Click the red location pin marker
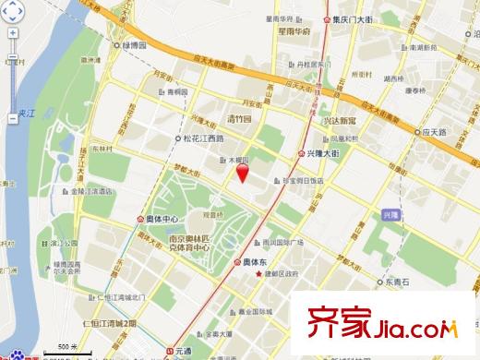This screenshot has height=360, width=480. [243, 174]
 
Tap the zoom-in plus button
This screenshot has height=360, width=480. [12, 32]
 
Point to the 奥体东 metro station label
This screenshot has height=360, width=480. [254, 261]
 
